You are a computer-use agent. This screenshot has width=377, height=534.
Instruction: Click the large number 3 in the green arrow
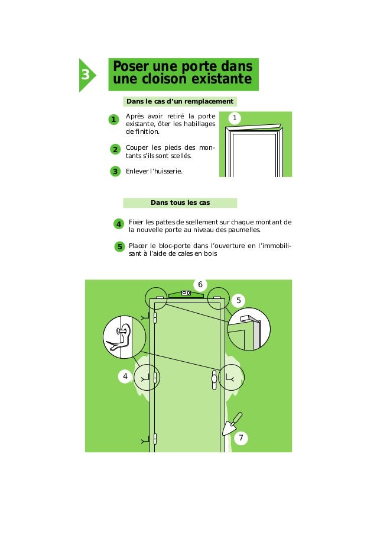click(x=86, y=75)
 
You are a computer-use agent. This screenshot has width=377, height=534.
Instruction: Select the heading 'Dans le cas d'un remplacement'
click(x=180, y=102)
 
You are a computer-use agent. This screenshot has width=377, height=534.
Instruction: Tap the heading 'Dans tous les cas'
click(x=180, y=202)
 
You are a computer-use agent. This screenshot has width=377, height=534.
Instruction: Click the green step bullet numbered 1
click(x=112, y=120)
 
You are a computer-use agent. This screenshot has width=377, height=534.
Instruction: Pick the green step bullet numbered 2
click(x=115, y=149)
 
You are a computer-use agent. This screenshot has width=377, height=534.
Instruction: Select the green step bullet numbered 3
click(x=115, y=172)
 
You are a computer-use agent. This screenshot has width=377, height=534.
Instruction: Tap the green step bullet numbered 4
click(x=118, y=224)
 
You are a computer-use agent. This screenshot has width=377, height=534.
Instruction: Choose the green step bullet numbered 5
click(x=119, y=246)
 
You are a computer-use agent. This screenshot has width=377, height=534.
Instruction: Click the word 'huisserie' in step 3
click(x=166, y=171)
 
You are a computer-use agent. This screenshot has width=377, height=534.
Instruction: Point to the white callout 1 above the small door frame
click(x=235, y=119)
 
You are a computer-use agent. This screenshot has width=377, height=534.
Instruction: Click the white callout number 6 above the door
click(x=200, y=285)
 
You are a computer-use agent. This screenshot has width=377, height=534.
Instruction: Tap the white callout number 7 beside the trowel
click(x=240, y=438)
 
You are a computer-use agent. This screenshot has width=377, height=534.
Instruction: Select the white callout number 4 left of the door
click(x=125, y=376)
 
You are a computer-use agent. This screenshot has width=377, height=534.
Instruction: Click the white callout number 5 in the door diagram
click(x=239, y=301)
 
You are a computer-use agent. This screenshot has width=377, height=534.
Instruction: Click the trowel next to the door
click(x=231, y=424)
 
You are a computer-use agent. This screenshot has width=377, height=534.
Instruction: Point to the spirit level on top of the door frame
click(x=186, y=293)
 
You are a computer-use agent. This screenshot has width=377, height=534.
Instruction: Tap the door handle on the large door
click(x=214, y=380)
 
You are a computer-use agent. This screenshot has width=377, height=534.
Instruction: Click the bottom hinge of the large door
click(x=155, y=439)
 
